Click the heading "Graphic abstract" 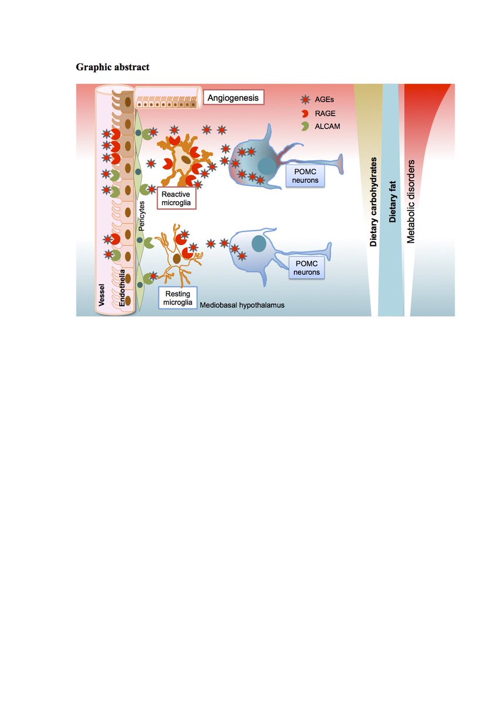click(113, 67)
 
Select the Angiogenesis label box click(233, 97)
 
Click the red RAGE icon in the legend click(304, 114)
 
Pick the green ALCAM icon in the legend click(304, 126)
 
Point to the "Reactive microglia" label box click(177, 198)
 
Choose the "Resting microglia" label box click(177, 298)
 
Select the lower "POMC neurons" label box click(306, 269)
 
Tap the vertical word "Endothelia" click(122, 285)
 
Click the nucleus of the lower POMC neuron click(259, 242)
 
